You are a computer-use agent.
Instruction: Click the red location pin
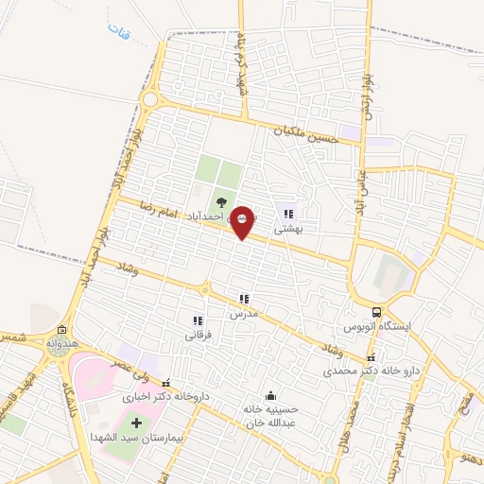[242, 222]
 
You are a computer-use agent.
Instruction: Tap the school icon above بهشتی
[288, 214]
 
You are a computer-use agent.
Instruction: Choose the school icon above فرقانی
[198, 320]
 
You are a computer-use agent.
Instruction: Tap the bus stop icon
[377, 312]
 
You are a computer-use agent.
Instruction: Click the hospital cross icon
[136, 421]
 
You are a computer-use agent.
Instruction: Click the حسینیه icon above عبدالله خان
[273, 395]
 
